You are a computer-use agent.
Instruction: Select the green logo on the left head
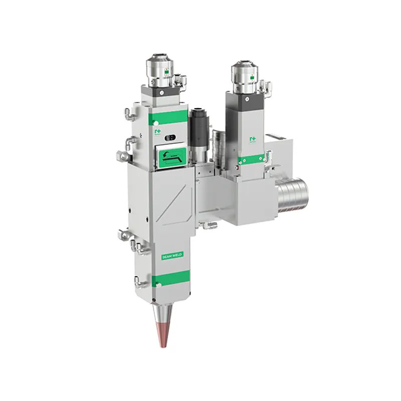click(x=160, y=131)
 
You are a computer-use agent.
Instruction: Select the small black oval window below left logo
click(x=171, y=137)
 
